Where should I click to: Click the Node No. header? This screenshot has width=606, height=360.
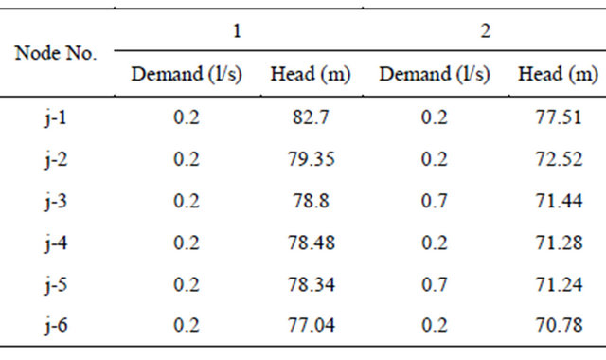[58, 53]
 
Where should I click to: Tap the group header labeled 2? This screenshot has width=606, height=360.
[485, 31]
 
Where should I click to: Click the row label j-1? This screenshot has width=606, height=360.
[58, 118]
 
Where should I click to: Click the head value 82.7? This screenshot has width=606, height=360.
[310, 118]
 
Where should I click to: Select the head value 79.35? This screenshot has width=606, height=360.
[310, 158]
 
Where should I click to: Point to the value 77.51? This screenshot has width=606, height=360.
[558, 118]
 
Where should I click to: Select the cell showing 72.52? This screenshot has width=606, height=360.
[558, 158]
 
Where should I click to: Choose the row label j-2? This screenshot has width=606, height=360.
[58, 158]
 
